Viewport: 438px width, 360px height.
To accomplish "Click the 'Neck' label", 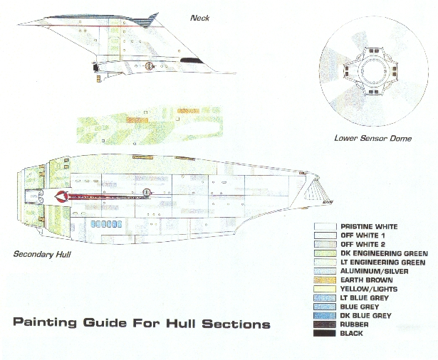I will [199, 17].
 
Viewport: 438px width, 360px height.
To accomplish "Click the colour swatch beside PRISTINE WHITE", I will [324, 227].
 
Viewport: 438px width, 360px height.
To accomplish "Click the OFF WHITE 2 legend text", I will [359, 244].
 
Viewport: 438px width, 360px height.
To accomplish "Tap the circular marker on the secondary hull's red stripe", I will [147, 191].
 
